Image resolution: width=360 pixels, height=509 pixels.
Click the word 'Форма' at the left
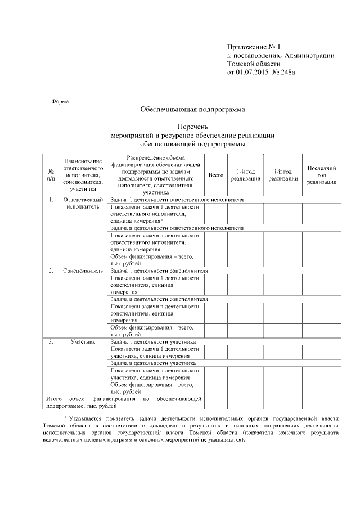(x=60, y=102)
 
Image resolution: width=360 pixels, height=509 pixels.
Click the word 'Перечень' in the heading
(x=193, y=127)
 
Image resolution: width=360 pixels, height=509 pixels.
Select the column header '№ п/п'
(x=51, y=174)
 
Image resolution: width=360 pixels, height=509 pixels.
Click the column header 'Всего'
(x=216, y=175)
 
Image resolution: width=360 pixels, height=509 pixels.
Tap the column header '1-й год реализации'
(x=246, y=175)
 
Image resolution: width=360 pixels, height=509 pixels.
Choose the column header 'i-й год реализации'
(x=283, y=175)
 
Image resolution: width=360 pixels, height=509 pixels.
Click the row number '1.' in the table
(x=51, y=200)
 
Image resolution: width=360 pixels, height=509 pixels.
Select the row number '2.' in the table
(x=51, y=271)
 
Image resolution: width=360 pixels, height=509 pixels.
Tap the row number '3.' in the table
(x=51, y=341)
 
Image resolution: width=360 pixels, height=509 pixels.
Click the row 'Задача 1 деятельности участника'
(x=153, y=341)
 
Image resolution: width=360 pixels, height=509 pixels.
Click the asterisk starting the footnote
(x=65, y=419)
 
